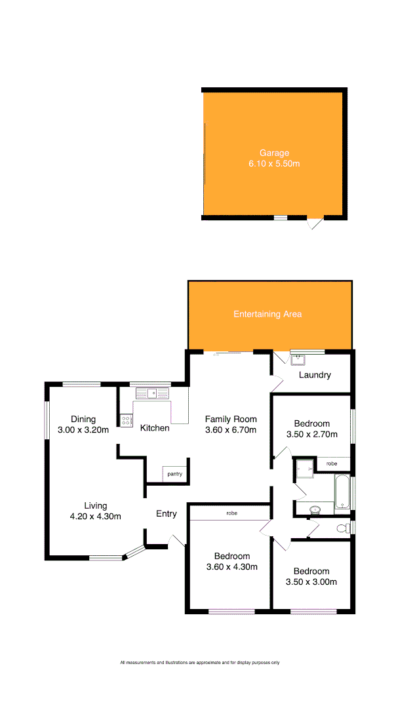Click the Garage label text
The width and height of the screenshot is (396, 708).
[273, 153]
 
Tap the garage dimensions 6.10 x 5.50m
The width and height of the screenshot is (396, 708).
[273, 164]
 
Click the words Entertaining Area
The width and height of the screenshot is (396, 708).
[267, 314]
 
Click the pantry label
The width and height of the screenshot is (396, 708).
[175, 473]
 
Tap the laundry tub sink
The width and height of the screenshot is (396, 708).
[297, 360]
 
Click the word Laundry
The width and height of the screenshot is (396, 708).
[315, 375]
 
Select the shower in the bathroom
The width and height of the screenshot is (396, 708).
[304, 467]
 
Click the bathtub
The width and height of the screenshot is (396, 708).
[342, 492]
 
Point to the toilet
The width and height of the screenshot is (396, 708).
[342, 528]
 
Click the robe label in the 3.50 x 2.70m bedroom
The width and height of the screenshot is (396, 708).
[332, 463]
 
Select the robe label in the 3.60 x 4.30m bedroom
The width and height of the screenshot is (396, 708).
[231, 512]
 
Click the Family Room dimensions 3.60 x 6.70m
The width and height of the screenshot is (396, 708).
[231, 430]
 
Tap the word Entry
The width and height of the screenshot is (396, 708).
[167, 514]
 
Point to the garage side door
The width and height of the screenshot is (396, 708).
[315, 224]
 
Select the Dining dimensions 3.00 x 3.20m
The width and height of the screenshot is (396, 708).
[83, 430]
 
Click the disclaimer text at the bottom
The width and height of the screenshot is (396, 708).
[200, 663]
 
